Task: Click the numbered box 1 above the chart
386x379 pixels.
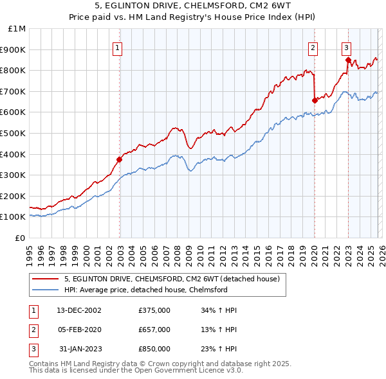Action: [119, 46]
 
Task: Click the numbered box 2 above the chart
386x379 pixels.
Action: [313, 46]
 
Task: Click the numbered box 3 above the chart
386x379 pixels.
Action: [346, 46]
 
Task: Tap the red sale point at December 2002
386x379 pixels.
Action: [120, 159]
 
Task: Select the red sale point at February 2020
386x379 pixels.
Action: [315, 100]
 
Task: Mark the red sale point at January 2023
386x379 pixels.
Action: [348, 60]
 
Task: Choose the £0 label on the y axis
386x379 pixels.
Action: [19, 238]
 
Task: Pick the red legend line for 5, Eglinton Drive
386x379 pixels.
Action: [45, 279]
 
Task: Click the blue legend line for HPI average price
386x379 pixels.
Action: [45, 290]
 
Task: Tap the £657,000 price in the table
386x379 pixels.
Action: [154, 330]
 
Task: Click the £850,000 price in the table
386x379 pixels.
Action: [154, 349]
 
